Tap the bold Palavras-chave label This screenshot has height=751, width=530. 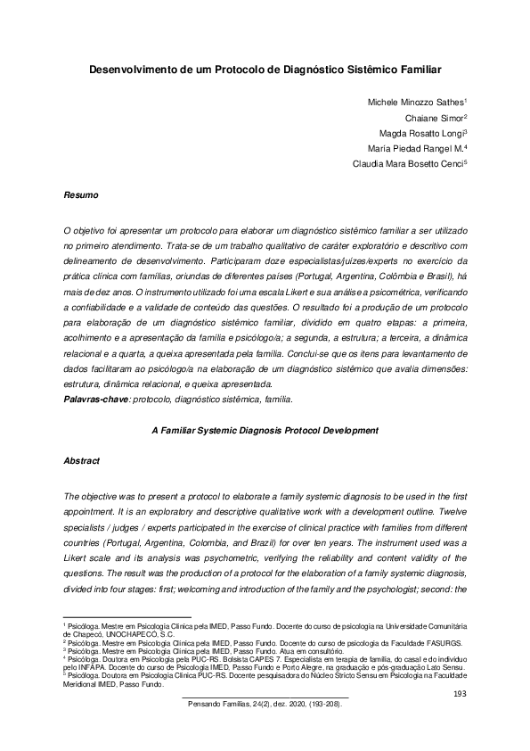pyautogui.click(x=96, y=400)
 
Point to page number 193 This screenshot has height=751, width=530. pyautogui.click(x=461, y=693)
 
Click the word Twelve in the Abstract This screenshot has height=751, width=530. pyautogui.click(x=449, y=510)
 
